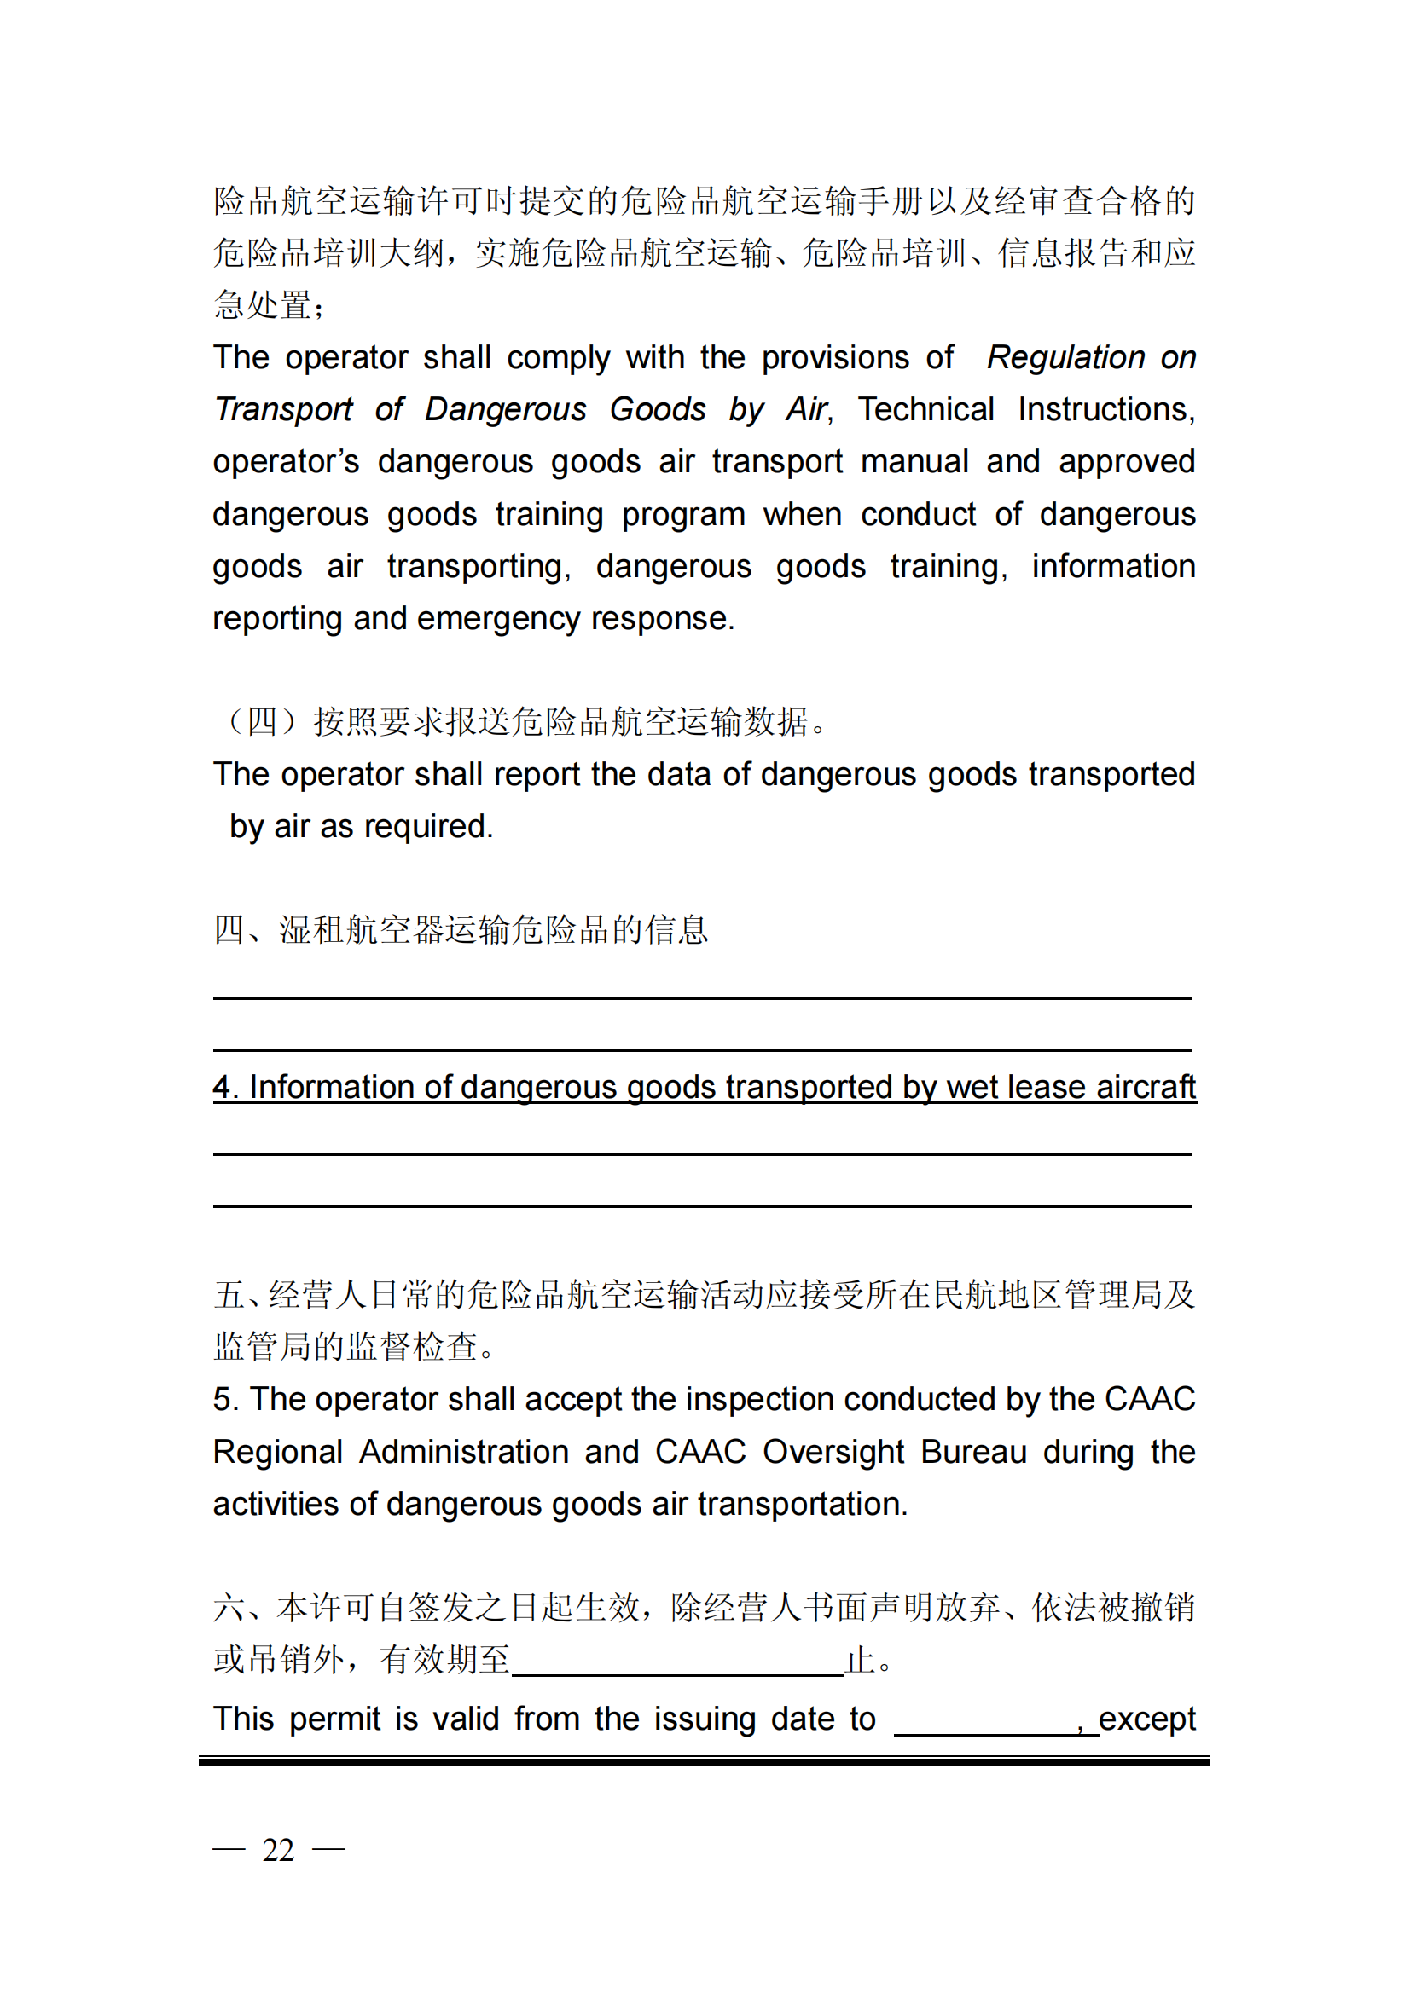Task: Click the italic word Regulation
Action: pyautogui.click(x=1065, y=358)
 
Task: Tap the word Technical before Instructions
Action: pyautogui.click(x=925, y=410)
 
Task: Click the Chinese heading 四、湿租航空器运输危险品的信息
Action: pyautogui.click(x=461, y=930)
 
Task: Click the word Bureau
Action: pyautogui.click(x=973, y=1452)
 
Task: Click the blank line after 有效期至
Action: pyautogui.click(x=676, y=1661)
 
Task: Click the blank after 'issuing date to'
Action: pyautogui.click(x=985, y=1720)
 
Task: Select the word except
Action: pyautogui.click(x=1146, y=1719)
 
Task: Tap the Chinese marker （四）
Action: pyautogui.click(x=262, y=722)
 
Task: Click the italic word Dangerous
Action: pyautogui.click(x=506, y=410)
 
